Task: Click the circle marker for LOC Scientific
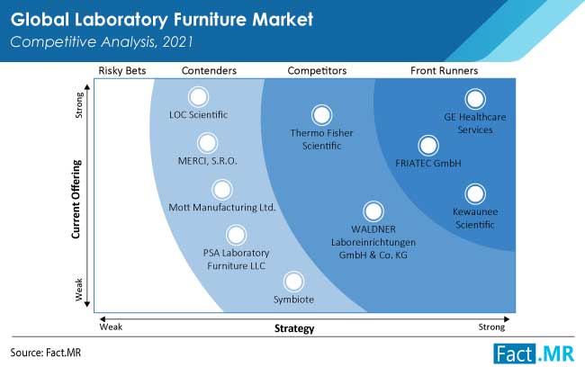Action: click(x=198, y=97)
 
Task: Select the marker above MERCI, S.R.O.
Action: click(x=207, y=143)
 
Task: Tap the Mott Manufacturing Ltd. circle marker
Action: click(x=222, y=190)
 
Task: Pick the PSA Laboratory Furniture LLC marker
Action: click(x=236, y=236)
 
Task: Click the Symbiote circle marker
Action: click(x=293, y=282)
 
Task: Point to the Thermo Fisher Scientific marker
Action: click(x=321, y=115)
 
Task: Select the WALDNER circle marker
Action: click(x=373, y=211)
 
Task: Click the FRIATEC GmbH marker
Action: click(x=428, y=146)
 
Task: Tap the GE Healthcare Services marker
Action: click(x=475, y=99)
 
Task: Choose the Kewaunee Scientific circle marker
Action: click(x=475, y=194)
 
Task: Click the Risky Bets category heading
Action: click(x=122, y=70)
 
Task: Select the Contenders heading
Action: click(x=209, y=70)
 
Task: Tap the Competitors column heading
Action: click(x=317, y=70)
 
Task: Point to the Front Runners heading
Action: click(x=444, y=70)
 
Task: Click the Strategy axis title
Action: click(x=294, y=328)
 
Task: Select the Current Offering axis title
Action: click(x=76, y=199)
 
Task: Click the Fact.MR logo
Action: click(x=534, y=354)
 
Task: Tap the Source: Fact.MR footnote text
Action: click(x=46, y=353)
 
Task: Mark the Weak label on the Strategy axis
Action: click(x=111, y=327)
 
